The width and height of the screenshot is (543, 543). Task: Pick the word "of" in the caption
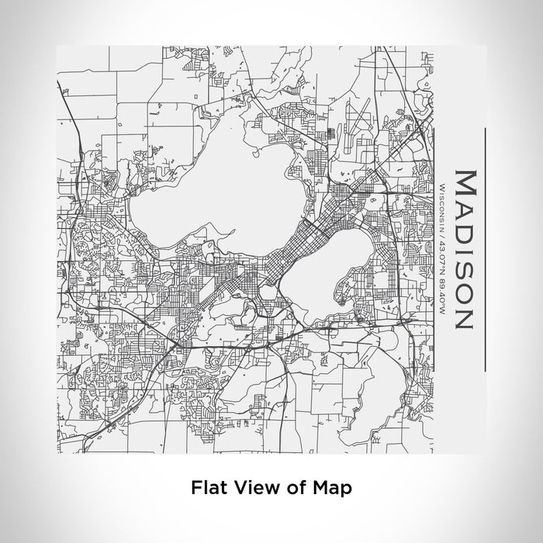point(294,488)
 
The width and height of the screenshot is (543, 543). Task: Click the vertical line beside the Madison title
point(484,248)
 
